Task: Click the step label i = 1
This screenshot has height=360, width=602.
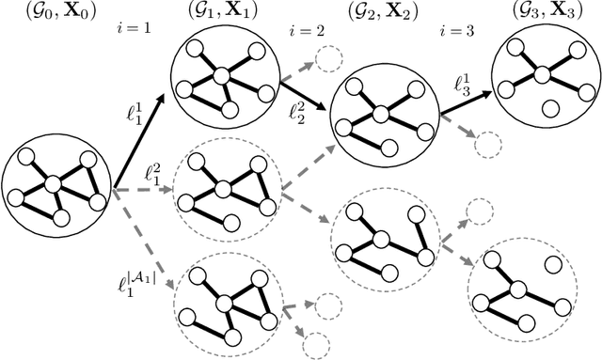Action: pos(135,30)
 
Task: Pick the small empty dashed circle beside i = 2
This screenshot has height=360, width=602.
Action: pos(329,59)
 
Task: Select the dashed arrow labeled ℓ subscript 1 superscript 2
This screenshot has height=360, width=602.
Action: pos(141,192)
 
